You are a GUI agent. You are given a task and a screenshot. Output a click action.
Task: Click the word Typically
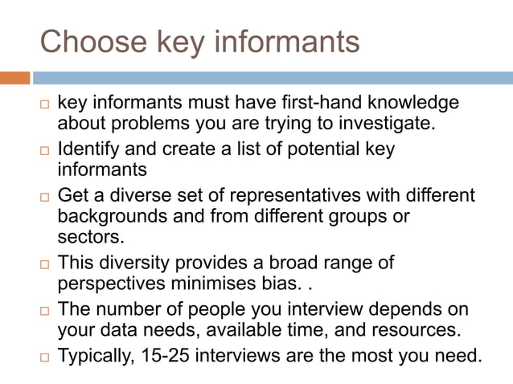coord(92,354)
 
